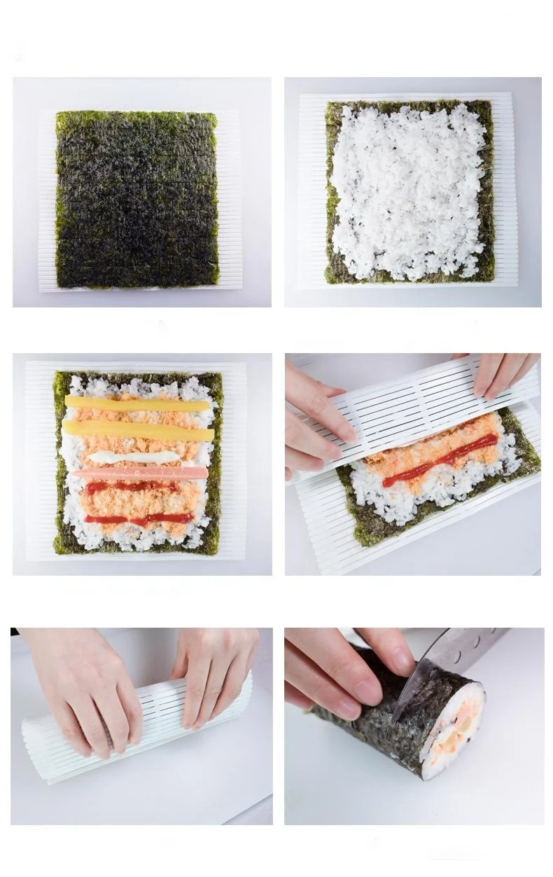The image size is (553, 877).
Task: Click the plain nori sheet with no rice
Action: (137, 199)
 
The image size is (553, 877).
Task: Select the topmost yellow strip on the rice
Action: (137, 404)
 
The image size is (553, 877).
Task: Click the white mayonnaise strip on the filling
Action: (133, 457)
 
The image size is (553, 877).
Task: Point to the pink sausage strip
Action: (139, 474)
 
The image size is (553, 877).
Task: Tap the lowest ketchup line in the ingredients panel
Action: (139, 519)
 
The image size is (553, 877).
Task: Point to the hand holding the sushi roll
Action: (343, 665)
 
